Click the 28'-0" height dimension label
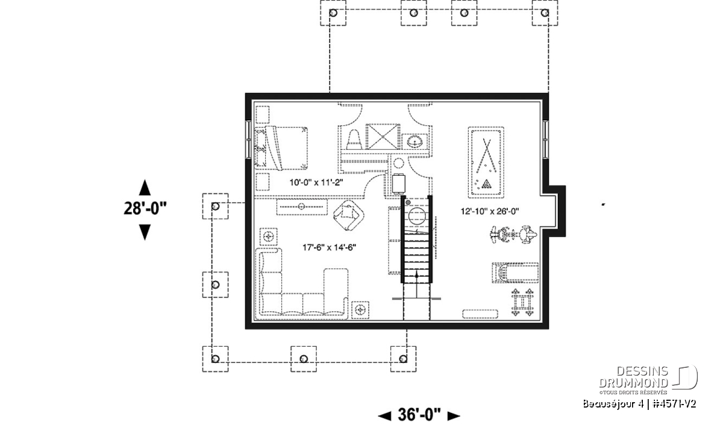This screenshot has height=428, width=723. pyautogui.click(x=145, y=208)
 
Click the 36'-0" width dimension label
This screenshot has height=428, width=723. pyautogui.click(x=419, y=415)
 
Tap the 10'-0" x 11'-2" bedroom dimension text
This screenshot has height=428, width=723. pyautogui.click(x=316, y=182)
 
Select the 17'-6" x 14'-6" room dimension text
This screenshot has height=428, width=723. pyautogui.click(x=329, y=247)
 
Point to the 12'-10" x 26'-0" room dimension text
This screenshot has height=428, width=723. pyautogui.click(x=490, y=211)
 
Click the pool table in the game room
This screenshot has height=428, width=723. pyautogui.click(x=486, y=163)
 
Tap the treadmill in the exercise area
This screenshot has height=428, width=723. pyautogui.click(x=515, y=273)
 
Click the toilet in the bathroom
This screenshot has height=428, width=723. pyautogui.click(x=354, y=140)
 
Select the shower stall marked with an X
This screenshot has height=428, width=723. pyautogui.click(x=383, y=137)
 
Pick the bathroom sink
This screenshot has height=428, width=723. pyautogui.click(x=415, y=141)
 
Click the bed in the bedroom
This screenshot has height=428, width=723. pyautogui.click(x=281, y=148)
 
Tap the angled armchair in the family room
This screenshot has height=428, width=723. pyautogui.click(x=349, y=216)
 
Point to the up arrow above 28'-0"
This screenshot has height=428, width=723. pyautogui.click(x=145, y=188)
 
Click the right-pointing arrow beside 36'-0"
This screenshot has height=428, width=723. pyautogui.click(x=454, y=416)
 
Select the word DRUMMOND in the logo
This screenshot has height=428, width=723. pyautogui.click(x=633, y=383)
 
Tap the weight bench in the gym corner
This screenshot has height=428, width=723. pyautogui.click(x=522, y=302)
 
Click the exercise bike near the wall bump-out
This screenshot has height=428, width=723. pyautogui.click(x=513, y=235)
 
